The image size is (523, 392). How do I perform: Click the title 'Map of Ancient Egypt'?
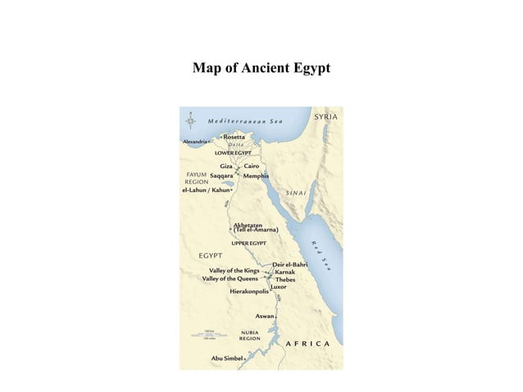tap(261, 67)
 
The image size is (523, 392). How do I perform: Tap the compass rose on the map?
tap(191, 121)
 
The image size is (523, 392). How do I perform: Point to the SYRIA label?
tap(326, 117)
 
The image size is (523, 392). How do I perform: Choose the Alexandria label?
tap(195, 141)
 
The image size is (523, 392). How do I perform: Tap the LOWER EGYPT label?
tap(233, 153)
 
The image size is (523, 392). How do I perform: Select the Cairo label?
tap(252, 166)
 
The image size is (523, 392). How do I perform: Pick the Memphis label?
tap(257, 175)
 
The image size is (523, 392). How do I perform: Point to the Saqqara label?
tap(222, 175)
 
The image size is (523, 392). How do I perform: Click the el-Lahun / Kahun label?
tap(206, 189)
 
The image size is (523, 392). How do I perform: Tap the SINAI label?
tap(296, 193)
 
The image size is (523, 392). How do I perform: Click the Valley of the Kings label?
tap(234, 270)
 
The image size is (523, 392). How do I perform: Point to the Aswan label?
tap(265, 316)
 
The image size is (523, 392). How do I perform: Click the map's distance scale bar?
tap(209, 335)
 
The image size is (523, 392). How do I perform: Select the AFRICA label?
tap(307, 343)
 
